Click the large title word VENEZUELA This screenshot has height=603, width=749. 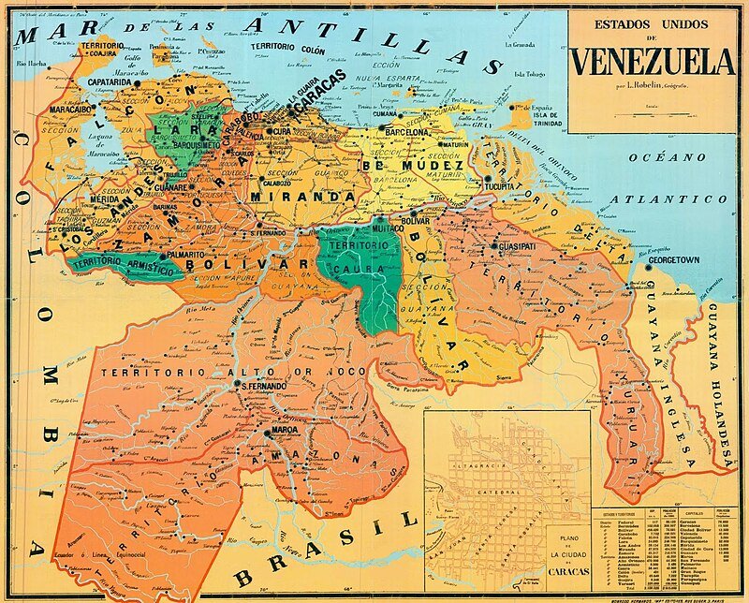coord(653,62)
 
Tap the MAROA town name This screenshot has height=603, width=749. coord(284,431)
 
